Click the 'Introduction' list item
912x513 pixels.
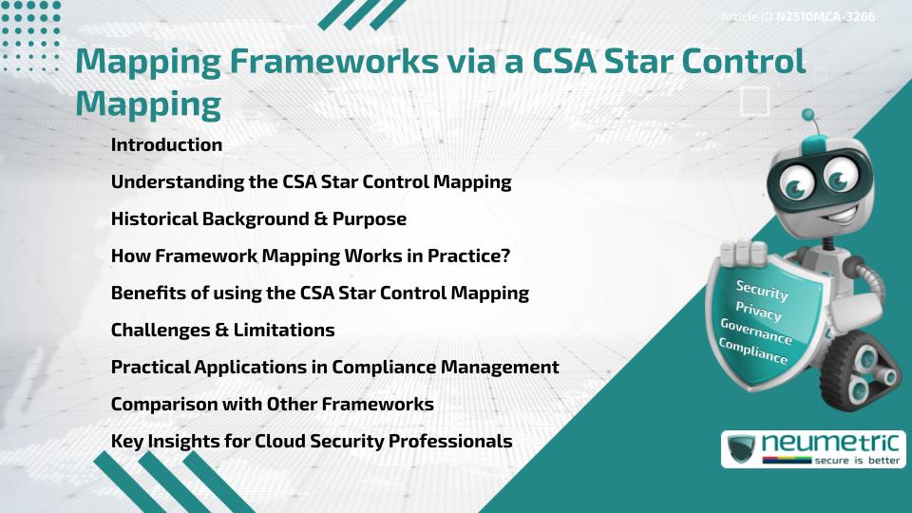[166, 145]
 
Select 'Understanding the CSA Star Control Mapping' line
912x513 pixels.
[311, 182]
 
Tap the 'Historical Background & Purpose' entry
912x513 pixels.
[258, 219]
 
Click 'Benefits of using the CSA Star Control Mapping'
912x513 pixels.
[319, 294]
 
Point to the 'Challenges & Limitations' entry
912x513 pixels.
[222, 331]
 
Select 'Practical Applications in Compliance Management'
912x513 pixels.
[334, 368]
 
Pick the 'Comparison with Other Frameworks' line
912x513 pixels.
[272, 405]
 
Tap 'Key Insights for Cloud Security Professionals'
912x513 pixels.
[312, 442]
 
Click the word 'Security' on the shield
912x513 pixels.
[762, 291]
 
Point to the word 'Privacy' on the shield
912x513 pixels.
[758, 312]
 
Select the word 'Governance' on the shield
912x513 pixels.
[755, 332]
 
